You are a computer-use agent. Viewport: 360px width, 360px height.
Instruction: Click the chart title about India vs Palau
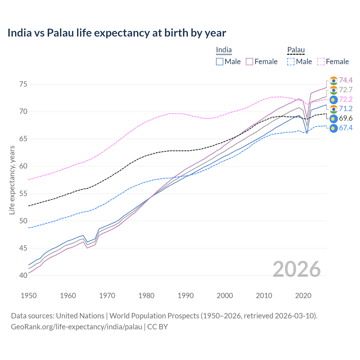(117, 33)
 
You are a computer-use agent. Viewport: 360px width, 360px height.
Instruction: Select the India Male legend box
(220, 62)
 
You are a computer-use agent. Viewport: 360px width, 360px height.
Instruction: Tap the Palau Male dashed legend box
(291, 62)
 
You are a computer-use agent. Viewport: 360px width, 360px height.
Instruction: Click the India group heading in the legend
(224, 50)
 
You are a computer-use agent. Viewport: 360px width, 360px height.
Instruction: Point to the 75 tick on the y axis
(23, 84)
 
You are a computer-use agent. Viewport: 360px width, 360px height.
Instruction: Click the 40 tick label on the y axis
(23, 275)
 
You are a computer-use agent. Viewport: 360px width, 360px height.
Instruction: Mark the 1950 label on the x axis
(29, 296)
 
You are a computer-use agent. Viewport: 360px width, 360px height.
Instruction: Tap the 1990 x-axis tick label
(186, 296)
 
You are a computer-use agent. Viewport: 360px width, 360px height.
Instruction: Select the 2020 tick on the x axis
(303, 296)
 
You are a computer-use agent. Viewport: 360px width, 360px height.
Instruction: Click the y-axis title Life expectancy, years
(12, 180)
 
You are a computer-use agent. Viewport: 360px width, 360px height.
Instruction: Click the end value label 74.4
(346, 80)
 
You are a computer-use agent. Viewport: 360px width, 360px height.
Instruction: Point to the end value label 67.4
(346, 128)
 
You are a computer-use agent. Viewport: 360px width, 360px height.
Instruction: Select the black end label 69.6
(346, 118)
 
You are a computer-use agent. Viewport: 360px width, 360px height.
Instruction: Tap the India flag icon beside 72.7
(334, 90)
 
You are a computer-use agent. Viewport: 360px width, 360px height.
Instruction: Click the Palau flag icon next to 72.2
(334, 100)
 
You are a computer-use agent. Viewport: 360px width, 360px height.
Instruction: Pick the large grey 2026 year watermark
(297, 269)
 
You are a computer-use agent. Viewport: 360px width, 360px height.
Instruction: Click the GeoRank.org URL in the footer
(76, 327)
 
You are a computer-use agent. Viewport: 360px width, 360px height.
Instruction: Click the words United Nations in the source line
(80, 316)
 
